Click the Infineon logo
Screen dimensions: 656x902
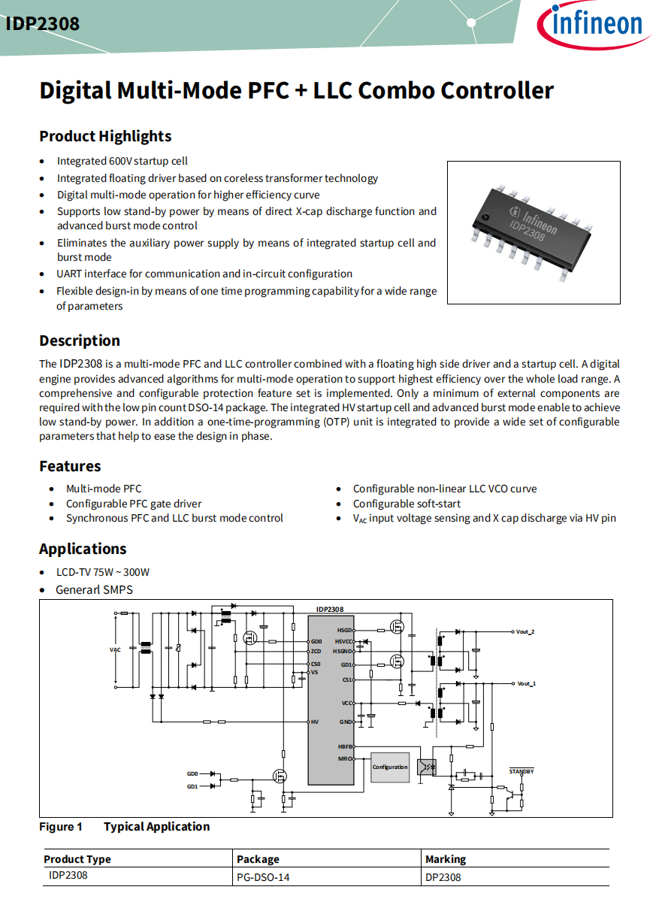(x=594, y=26)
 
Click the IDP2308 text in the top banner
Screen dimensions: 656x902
(x=43, y=24)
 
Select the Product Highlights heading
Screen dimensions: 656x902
(x=105, y=136)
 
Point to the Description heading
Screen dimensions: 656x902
(x=80, y=341)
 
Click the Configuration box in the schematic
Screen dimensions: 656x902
(x=389, y=767)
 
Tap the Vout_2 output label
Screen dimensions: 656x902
(x=525, y=632)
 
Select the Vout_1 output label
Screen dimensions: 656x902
(x=527, y=684)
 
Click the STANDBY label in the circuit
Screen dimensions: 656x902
(x=521, y=771)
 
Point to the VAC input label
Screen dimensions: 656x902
(x=115, y=649)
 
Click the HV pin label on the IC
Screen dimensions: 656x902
(x=315, y=722)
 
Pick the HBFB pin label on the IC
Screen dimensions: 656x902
(x=345, y=747)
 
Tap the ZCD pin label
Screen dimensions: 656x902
(x=316, y=651)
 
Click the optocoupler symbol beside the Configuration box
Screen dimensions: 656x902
(x=426, y=767)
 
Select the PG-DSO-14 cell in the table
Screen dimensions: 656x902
(x=263, y=877)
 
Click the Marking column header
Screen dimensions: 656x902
(x=446, y=859)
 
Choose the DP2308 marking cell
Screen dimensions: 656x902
(x=443, y=877)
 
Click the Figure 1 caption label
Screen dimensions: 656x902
(x=61, y=827)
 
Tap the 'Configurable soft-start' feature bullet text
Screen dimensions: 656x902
(x=407, y=504)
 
